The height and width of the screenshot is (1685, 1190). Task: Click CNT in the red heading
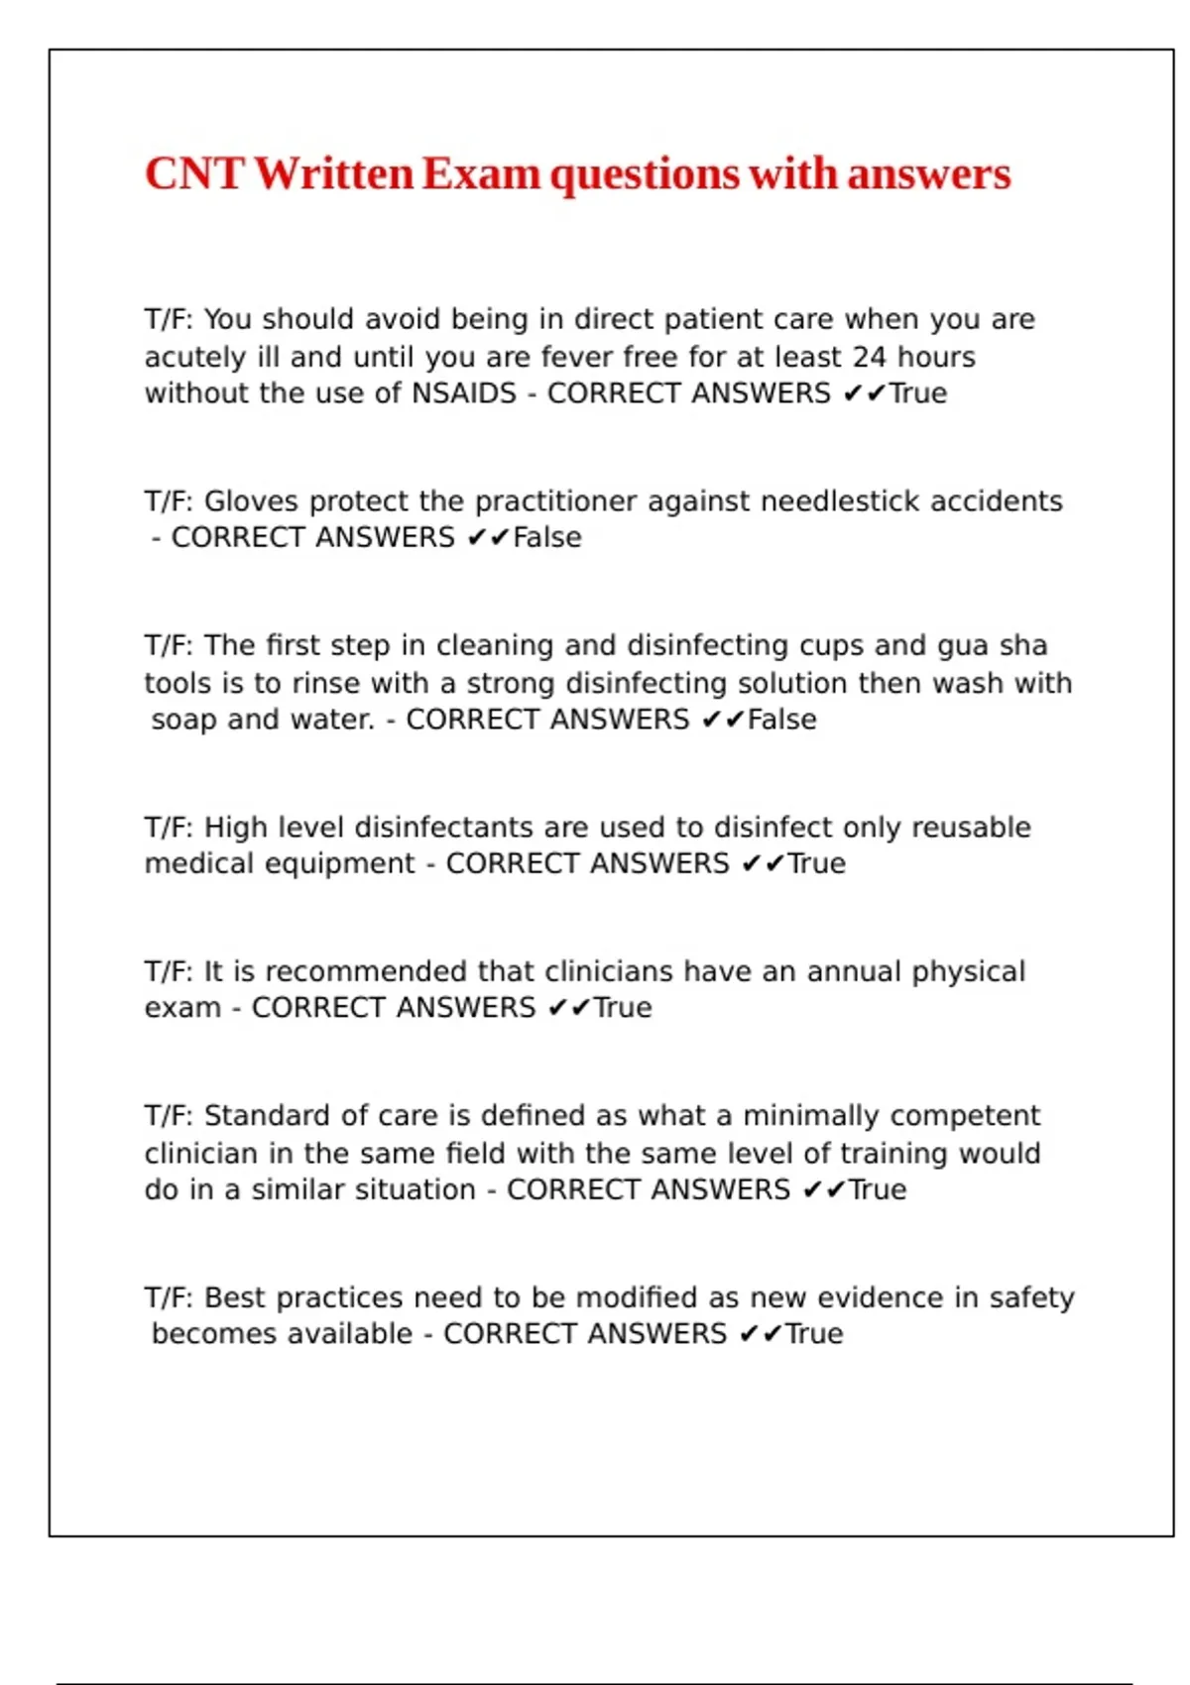coord(194,174)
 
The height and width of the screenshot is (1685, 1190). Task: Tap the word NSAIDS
coord(464,393)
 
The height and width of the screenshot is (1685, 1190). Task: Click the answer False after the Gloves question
coord(547,537)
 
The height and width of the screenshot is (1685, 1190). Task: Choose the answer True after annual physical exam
coord(623,1008)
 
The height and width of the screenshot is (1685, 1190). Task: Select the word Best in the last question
coord(234,1298)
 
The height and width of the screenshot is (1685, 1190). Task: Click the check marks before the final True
coord(761,1334)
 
